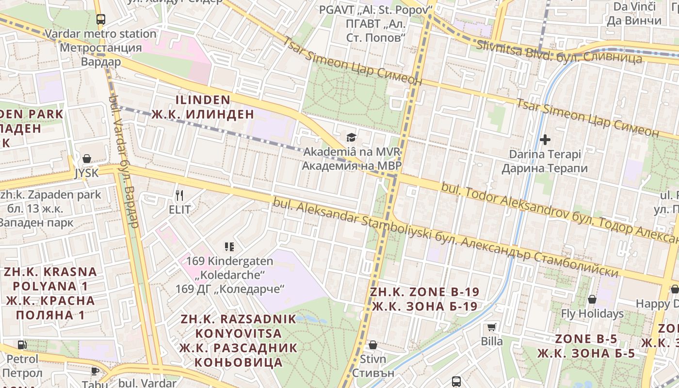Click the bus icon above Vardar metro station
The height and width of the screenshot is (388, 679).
click(100, 19)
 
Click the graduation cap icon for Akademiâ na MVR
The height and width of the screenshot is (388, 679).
click(351, 138)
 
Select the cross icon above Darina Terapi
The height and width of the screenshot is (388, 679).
click(545, 140)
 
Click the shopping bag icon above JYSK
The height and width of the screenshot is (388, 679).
click(87, 159)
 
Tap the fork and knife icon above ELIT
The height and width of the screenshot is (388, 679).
click(179, 195)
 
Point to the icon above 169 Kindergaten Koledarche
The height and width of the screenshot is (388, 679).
click(229, 247)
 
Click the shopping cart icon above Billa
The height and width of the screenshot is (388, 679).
click(492, 327)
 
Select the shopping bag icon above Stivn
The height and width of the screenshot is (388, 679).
click(373, 345)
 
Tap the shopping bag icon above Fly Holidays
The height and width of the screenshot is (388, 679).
click(592, 299)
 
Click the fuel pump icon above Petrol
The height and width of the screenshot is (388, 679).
click(22, 345)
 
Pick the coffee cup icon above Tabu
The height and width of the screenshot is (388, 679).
click(95, 371)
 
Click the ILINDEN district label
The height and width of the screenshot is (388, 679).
click(203, 107)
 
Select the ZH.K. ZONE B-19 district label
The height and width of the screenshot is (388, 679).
click(424, 299)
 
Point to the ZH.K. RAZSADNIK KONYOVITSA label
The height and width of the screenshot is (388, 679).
click(238, 340)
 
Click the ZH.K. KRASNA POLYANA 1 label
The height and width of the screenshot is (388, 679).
click(50, 293)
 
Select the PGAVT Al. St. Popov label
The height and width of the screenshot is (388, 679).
click(375, 23)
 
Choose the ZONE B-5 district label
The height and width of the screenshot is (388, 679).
click(586, 346)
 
